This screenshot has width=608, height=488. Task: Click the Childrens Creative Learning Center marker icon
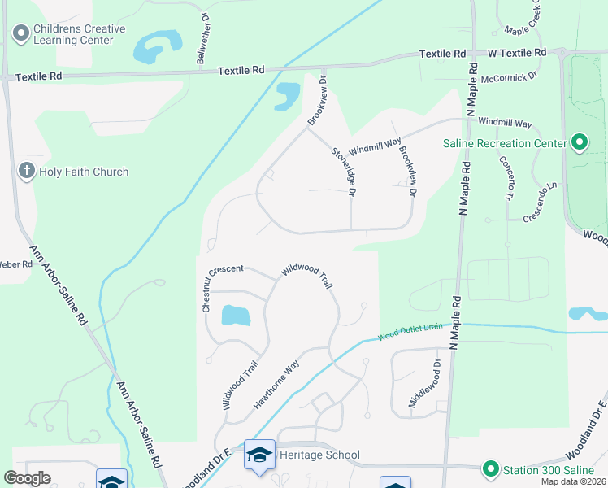coord(21,33)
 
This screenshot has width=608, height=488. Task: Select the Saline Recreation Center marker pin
coord(579,143)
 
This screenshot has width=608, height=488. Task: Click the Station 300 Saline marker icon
coord(490,469)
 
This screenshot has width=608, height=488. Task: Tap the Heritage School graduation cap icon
coord(260,455)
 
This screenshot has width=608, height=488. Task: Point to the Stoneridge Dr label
coord(343,172)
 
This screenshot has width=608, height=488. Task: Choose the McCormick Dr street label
coord(510,76)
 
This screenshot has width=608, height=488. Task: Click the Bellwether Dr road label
coord(202,38)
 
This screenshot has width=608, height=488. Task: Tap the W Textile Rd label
coord(517,53)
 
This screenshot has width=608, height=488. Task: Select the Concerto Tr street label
coord(505,179)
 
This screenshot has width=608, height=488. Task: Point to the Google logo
coord(27,478)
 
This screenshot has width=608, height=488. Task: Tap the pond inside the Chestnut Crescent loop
coord(235,316)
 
